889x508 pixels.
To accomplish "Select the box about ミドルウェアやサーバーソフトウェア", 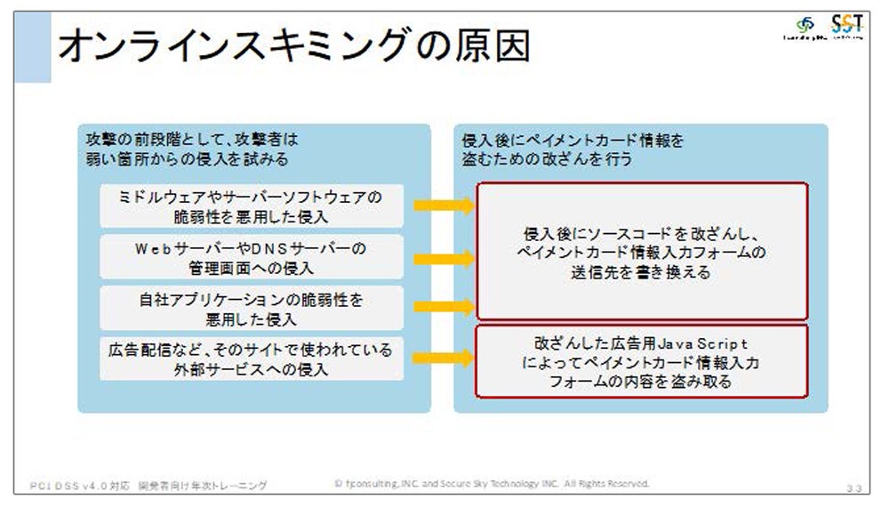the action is [251, 206].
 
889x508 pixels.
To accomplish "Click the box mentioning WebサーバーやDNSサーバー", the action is [251, 257].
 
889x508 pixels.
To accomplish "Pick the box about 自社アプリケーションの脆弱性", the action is [251, 308].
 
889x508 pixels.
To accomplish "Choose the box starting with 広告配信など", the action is [251, 359].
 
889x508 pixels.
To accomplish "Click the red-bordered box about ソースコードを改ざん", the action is [642, 252].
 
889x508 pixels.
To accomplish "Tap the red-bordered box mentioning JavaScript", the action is [642, 361].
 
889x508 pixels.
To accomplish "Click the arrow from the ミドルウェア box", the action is [444, 206].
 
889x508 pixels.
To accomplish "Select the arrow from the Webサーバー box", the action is [444, 257].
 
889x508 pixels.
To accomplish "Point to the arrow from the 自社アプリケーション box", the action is [444, 308].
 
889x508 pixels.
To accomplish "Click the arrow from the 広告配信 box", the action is [444, 359].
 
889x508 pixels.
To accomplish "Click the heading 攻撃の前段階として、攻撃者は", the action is [195, 141].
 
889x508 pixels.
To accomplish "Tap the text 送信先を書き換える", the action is [642, 273].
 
